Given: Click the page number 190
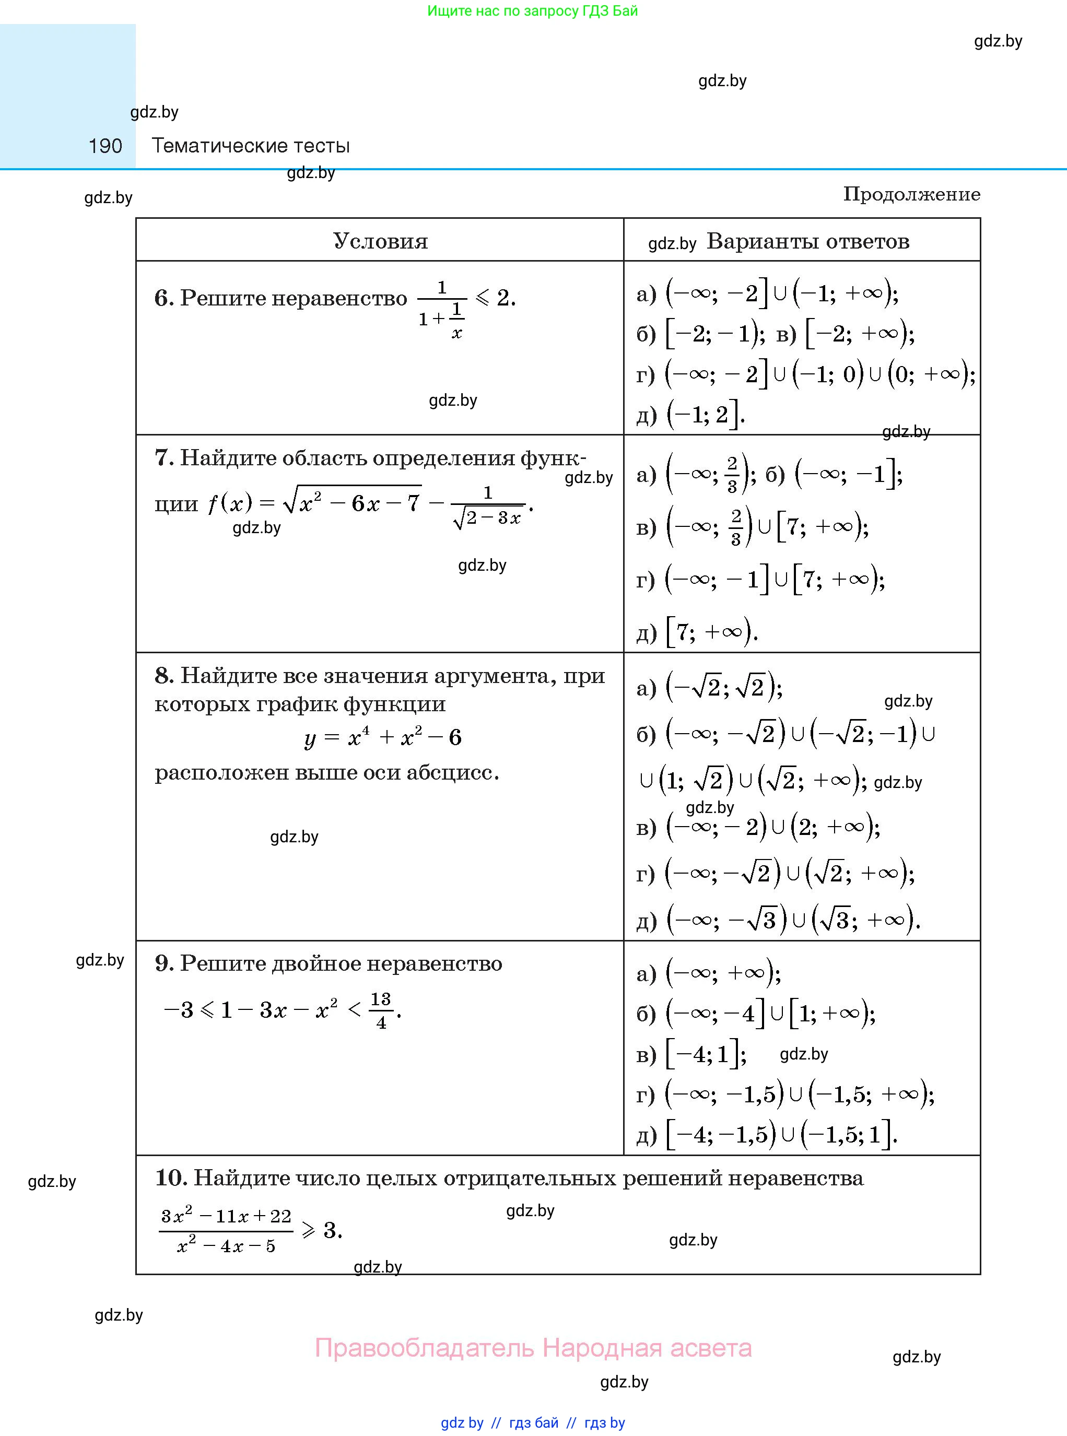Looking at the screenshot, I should click(105, 146).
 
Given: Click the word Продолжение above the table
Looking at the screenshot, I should click(911, 194).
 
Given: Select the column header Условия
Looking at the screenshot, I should click(380, 241).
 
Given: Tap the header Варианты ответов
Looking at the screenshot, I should click(807, 241).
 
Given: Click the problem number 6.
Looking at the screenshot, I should click(163, 298).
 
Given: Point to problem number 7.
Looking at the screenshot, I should click(163, 458).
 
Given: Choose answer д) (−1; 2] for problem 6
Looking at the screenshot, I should click(691, 415).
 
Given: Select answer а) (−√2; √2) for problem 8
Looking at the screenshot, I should click(709, 687).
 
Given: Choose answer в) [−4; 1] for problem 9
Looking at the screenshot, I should click(691, 1054).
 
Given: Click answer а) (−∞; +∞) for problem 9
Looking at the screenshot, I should click(709, 973).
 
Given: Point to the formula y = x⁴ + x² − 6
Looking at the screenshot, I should click(382, 737).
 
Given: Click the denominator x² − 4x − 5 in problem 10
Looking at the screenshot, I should click(226, 1245).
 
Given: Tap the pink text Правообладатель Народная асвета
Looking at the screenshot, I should click(533, 1348).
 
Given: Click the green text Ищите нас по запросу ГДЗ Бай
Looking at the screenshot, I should click(532, 11).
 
